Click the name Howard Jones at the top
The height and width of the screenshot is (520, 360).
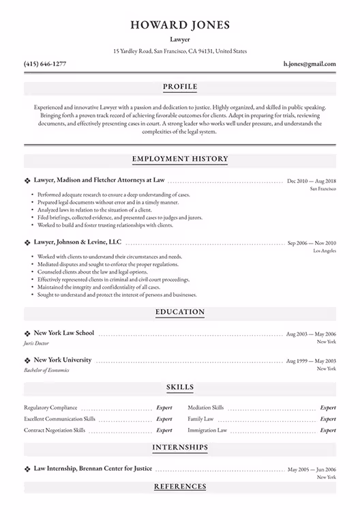(180, 25)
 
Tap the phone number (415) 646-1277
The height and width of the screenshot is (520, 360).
(45, 63)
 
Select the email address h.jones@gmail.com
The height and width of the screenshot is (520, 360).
(310, 63)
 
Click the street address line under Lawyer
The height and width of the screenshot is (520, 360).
(180, 51)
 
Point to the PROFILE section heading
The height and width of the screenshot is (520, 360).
(180, 87)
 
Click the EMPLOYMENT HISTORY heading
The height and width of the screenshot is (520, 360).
(180, 159)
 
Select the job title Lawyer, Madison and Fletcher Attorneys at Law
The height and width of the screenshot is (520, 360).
(100, 180)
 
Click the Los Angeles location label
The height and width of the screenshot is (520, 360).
(324, 251)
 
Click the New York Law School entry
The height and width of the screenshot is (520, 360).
(64, 333)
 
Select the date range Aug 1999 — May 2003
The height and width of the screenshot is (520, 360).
(311, 360)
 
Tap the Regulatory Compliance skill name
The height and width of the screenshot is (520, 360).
(50, 407)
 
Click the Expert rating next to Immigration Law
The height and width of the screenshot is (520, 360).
(328, 431)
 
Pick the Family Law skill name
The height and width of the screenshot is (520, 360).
(200, 419)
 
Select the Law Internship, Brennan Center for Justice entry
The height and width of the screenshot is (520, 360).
(93, 469)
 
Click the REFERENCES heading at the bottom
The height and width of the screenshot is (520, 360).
(180, 487)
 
